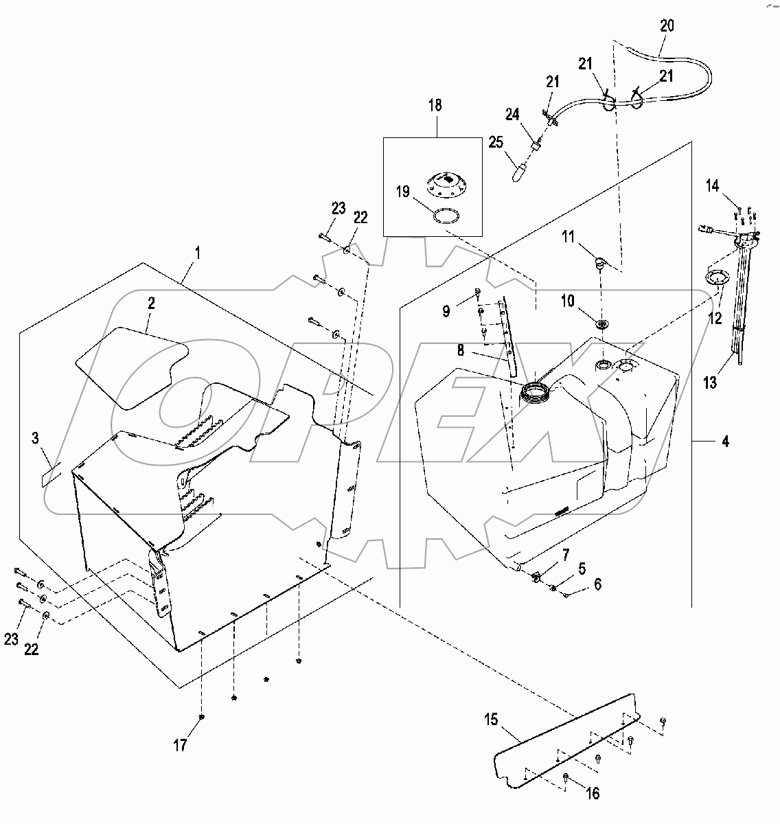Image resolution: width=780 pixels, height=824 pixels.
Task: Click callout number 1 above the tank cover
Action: coord(198,252)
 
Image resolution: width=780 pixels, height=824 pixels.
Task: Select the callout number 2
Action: coord(151,304)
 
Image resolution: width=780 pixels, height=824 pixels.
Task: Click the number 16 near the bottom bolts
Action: coord(592,793)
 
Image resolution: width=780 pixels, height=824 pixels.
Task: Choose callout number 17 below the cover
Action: coord(180,744)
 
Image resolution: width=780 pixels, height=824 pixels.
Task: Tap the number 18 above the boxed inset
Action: coord(435,105)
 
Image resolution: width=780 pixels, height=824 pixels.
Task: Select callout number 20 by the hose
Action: coord(667,26)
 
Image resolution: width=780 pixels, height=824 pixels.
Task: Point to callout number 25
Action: coord(496,142)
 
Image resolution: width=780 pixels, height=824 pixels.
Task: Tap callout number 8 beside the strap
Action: coord(460,351)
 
